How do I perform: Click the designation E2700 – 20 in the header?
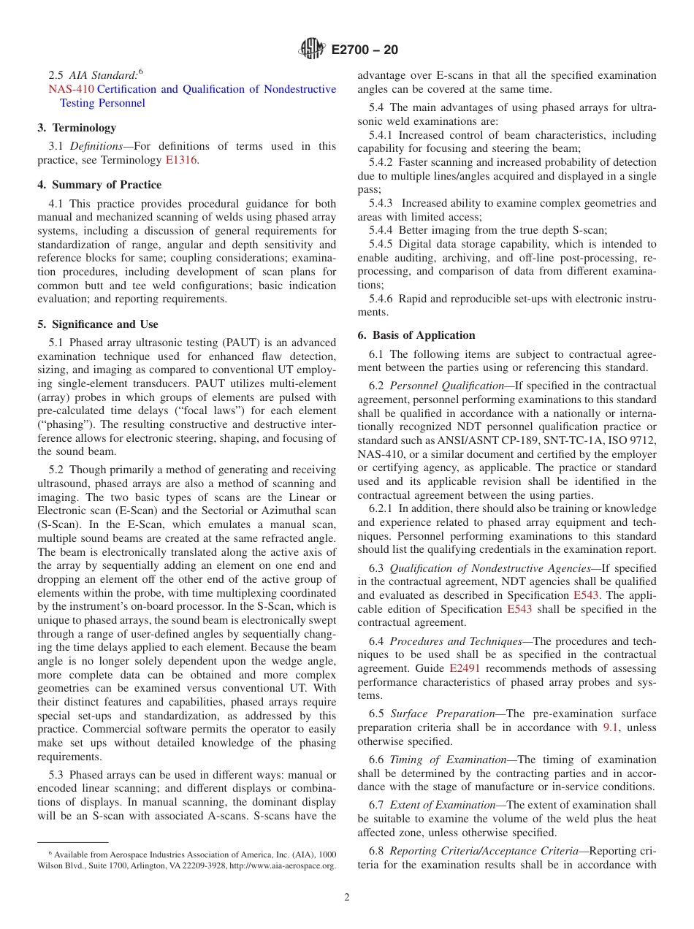point(365,50)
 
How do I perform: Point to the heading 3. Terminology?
point(76,128)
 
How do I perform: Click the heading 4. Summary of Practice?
point(99,185)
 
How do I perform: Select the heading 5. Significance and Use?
point(98,324)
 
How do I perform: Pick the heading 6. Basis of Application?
point(416,335)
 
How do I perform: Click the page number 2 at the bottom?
point(347,898)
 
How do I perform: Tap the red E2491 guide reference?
point(464,668)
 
